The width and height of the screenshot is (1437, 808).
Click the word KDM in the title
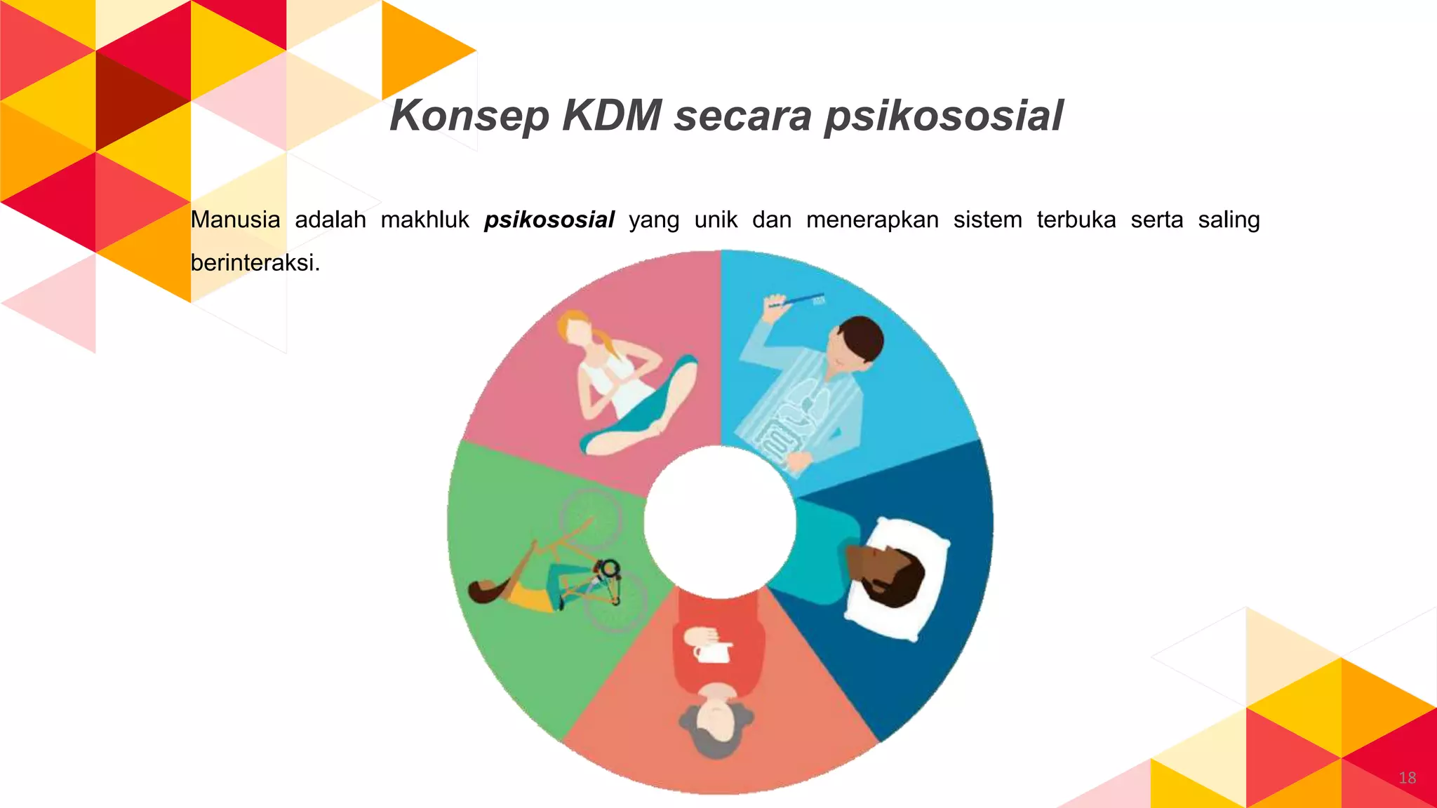point(612,116)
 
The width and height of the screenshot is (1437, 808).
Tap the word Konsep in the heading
point(469,116)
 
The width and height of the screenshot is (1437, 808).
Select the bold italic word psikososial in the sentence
point(549,220)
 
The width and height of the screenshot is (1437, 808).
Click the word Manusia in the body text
point(235,220)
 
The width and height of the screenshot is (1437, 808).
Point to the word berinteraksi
point(255,262)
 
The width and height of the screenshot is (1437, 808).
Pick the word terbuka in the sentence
point(1076,220)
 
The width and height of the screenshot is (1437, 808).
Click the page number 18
point(1407,777)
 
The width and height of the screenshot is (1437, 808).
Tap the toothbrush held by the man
point(797,300)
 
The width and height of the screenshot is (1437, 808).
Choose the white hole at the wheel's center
point(720,522)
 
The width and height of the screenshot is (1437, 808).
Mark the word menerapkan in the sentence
point(872,220)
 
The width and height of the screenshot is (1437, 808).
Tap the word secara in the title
point(742,116)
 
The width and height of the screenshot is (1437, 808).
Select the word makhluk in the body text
point(425,220)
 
